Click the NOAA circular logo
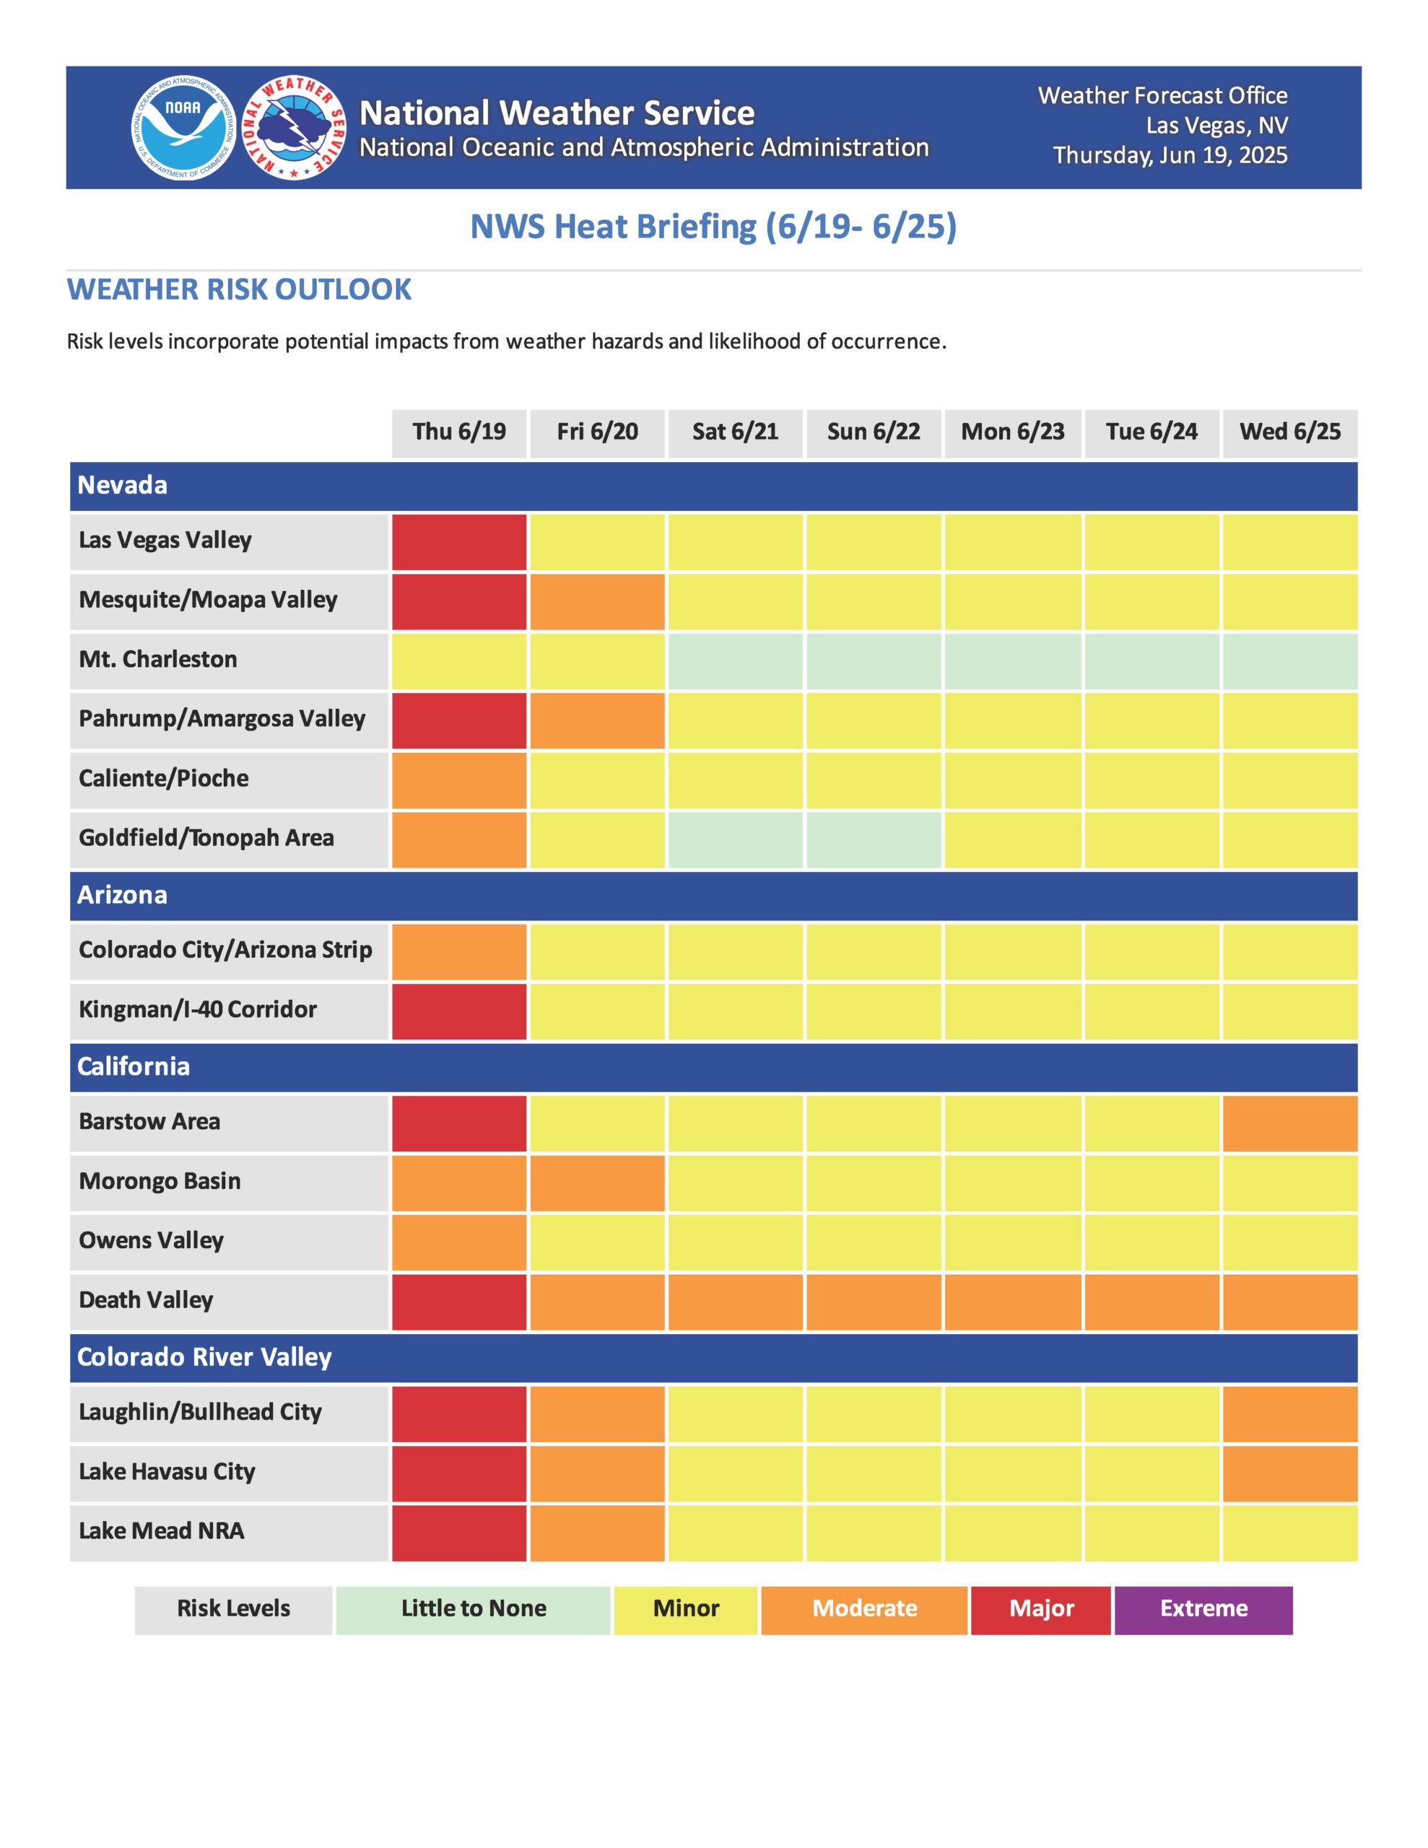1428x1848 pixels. tap(183, 128)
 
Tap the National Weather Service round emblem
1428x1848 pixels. tap(294, 128)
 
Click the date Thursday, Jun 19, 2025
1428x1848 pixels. tap(1170, 156)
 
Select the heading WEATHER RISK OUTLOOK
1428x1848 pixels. tap(239, 289)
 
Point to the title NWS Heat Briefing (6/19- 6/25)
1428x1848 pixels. tap(713, 227)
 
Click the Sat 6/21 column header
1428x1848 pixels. tap(735, 432)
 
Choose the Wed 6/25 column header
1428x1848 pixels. tap(1289, 432)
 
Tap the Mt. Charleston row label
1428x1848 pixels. tap(158, 659)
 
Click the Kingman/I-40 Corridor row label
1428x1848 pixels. tap(197, 1009)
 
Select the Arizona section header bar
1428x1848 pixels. tap(713, 895)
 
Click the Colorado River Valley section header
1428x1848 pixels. tap(713, 1357)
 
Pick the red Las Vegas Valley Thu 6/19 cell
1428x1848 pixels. tap(458, 541)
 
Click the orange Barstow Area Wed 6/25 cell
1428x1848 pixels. tap(1289, 1123)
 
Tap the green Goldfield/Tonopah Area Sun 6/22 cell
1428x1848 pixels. tap(873, 840)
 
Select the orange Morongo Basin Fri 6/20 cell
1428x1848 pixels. tap(597, 1182)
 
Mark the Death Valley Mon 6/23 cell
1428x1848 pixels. tap(1012, 1302)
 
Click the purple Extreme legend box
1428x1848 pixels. tap(1203, 1608)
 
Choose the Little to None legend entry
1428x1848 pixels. tap(473, 1608)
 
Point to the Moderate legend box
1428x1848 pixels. tap(863, 1608)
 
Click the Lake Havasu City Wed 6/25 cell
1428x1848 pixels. tap(1289, 1473)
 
